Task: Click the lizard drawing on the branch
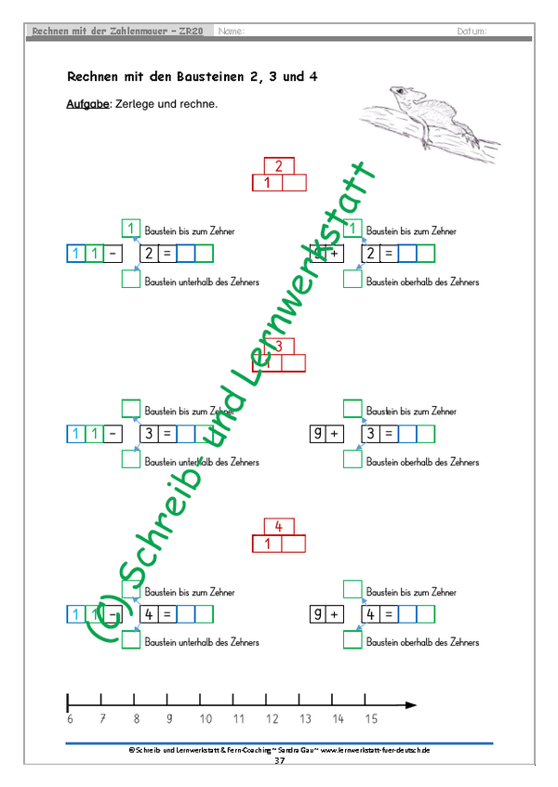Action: pyautogui.click(x=432, y=116)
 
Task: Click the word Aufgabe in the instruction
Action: pyautogui.click(x=86, y=104)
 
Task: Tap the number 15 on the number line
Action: pyautogui.click(x=371, y=718)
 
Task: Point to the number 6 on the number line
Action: pyautogui.click(x=70, y=718)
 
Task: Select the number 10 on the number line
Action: pyautogui.click(x=205, y=718)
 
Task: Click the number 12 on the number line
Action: pyautogui.click(x=272, y=718)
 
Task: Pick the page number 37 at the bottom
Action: pyautogui.click(x=279, y=760)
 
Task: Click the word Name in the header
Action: pyautogui.click(x=231, y=32)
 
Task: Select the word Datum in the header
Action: pyautogui.click(x=472, y=32)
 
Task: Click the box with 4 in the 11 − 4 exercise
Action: pyautogui.click(x=149, y=614)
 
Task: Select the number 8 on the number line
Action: pyautogui.click(x=137, y=718)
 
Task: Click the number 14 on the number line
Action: pyautogui.click(x=338, y=718)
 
